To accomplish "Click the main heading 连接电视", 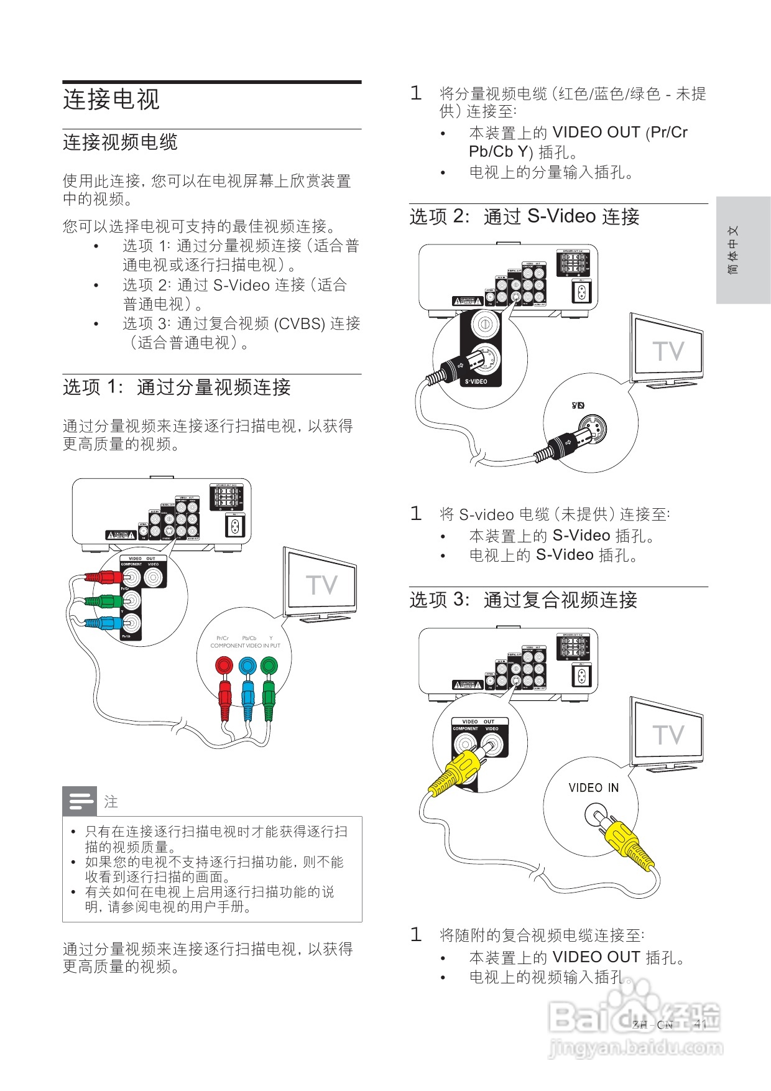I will [x=111, y=100].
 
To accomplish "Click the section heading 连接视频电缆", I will [x=120, y=142].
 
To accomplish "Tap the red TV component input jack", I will [x=223, y=666].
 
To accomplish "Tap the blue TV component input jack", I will [x=247, y=666].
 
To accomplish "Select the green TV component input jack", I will [x=269, y=666].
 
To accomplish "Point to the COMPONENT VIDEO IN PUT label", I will [x=245, y=646].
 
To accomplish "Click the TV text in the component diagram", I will [x=321, y=585].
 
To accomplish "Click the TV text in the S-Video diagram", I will [x=668, y=351].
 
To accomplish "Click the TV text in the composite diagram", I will [x=668, y=735].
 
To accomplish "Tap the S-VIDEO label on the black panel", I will [x=476, y=381].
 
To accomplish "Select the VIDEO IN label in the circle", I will [x=593, y=788].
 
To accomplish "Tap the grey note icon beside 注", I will [x=80, y=801].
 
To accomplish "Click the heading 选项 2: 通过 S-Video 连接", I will [x=524, y=217].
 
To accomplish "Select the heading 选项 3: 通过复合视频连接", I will [x=523, y=600].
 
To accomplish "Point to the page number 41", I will [x=700, y=1024].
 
